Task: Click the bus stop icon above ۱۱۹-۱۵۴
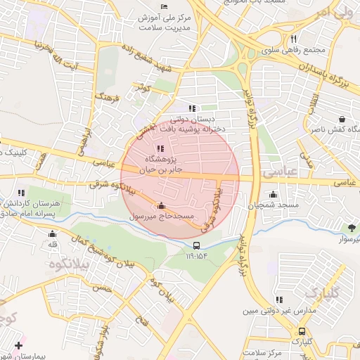197,245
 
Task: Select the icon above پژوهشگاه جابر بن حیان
161,148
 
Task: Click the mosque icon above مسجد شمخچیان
273,195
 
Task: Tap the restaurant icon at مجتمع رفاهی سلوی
292,39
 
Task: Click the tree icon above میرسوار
351,228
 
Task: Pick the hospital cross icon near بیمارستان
18,346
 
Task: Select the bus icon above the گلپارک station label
302,331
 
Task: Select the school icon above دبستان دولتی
192,108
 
